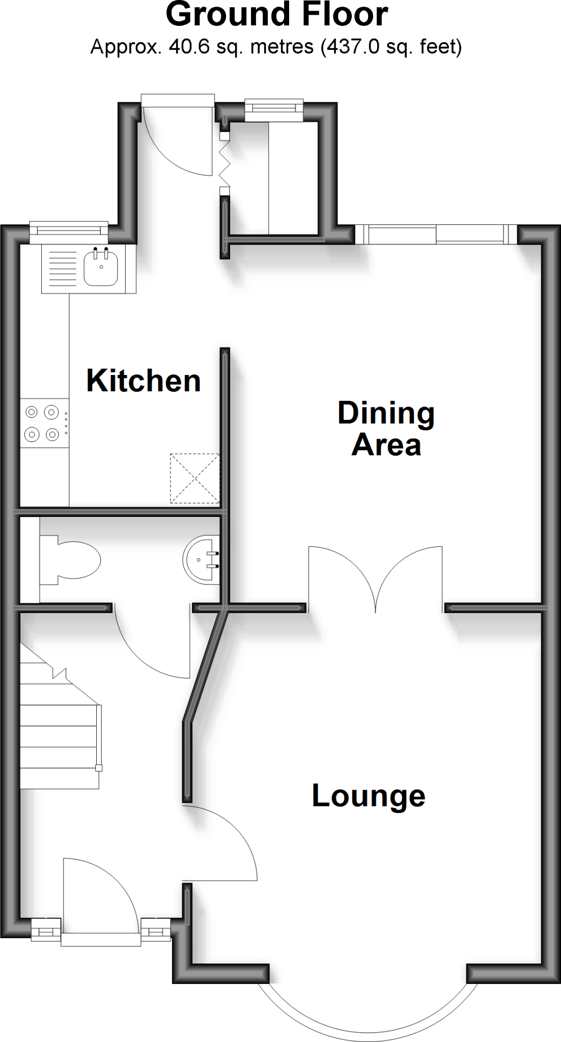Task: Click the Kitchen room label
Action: [x=144, y=381]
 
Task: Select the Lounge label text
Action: [x=368, y=796]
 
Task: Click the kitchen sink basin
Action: [x=101, y=267]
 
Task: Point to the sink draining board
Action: [x=63, y=268]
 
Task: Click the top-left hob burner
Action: [x=32, y=412]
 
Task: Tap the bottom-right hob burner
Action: [x=51, y=434]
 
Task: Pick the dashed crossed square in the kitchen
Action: [x=194, y=478]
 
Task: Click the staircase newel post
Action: [x=99, y=768]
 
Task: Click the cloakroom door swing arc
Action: [x=153, y=646]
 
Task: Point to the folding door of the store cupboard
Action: [x=224, y=163]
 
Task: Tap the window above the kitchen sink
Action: [x=69, y=231]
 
